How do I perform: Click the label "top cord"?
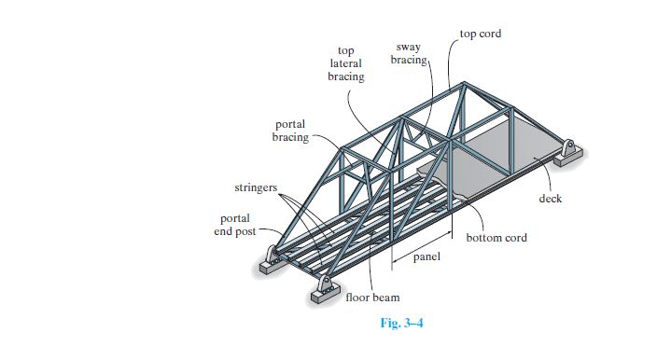(480, 34)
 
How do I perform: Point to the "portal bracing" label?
(289, 132)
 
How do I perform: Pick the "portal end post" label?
(234, 225)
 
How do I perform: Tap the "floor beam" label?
(372, 298)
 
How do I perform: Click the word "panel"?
(426, 258)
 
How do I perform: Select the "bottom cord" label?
(496, 238)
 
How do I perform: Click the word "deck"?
(551, 199)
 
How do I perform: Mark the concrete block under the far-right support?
(566, 159)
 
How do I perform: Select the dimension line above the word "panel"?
(423, 248)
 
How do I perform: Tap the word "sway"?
(408, 46)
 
